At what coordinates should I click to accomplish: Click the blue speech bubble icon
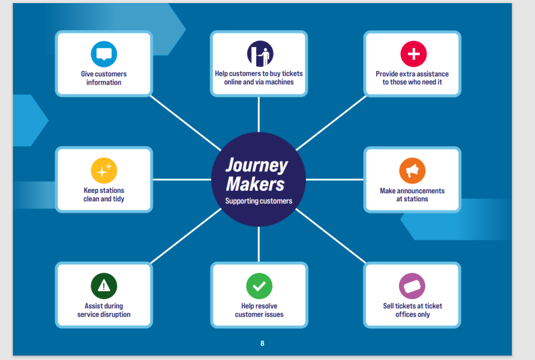tap(104, 54)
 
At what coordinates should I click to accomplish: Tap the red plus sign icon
tap(413, 54)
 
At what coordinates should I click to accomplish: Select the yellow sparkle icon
tap(104, 170)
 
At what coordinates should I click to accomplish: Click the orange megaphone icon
tap(412, 170)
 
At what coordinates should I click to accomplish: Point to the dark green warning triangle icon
tap(104, 286)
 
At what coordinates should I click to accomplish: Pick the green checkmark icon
tap(259, 286)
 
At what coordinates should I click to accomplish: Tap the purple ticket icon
tap(412, 286)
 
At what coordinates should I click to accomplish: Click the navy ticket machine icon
tap(260, 54)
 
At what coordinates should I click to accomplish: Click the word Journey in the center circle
tap(256, 166)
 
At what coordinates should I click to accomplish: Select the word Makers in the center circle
tap(256, 184)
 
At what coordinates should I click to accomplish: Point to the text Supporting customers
tap(259, 201)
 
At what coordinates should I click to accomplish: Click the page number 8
tap(263, 343)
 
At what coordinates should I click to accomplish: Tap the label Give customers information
tap(104, 78)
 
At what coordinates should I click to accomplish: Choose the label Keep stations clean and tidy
tap(104, 195)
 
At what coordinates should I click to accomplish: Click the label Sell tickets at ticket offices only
tap(412, 310)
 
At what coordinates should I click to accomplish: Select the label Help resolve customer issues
tap(259, 310)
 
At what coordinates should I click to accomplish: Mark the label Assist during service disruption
tap(104, 310)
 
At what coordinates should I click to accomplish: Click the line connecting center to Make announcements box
tap(335, 179)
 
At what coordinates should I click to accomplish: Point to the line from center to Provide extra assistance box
tap(332, 123)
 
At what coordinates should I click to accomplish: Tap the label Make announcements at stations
tap(412, 195)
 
